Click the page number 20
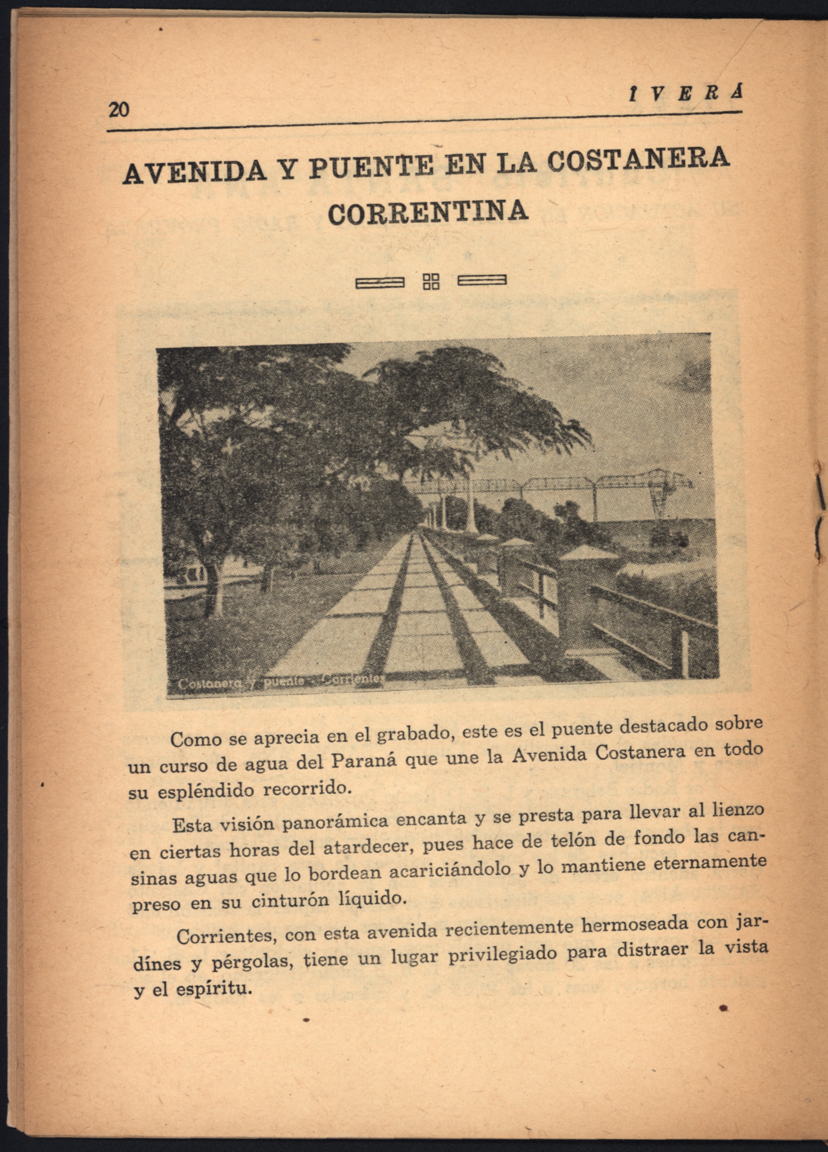click(118, 109)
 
